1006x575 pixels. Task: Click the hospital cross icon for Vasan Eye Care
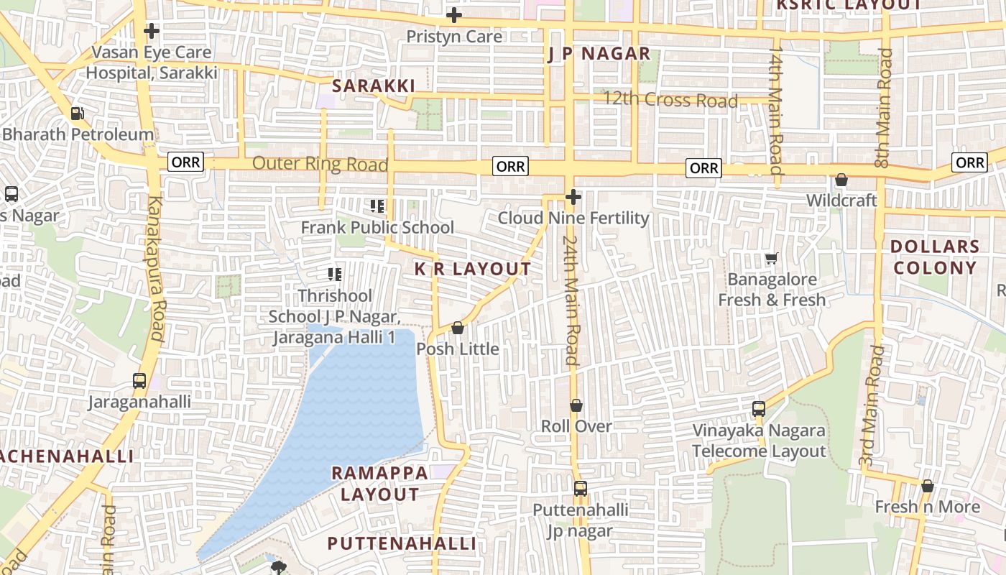151,31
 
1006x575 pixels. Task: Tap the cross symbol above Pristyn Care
453,15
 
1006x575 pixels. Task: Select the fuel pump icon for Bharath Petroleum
77,113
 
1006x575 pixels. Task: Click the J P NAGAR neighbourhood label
599,54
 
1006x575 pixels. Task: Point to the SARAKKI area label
374,86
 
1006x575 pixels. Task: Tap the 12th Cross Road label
670,99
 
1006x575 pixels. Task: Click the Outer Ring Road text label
320,164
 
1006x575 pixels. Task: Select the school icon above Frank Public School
377,207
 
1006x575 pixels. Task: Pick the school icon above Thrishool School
334,274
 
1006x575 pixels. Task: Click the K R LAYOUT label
473,269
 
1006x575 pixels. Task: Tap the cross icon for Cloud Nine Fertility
573,196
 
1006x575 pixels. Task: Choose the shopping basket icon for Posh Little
458,328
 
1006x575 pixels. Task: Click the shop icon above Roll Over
576,405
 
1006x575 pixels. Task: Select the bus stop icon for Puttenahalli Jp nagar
580,489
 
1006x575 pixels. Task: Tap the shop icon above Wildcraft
841,180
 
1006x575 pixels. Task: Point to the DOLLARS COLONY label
934,257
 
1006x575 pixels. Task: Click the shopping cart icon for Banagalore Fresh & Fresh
772,258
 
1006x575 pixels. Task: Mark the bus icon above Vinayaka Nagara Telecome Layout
758,409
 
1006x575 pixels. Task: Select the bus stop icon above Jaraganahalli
139,381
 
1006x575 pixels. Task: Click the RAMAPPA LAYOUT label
379,484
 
